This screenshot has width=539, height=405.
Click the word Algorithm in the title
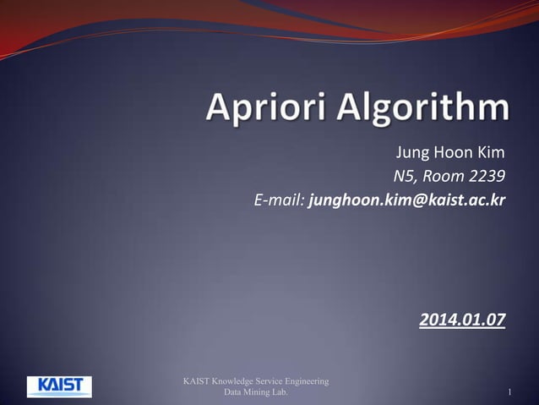click(416, 110)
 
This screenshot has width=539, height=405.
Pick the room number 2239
click(485, 177)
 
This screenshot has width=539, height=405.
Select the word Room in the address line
click(442, 177)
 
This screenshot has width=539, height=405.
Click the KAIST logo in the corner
click(59, 386)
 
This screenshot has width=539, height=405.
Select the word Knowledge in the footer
click(233, 381)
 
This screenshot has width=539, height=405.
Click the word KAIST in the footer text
click(197, 381)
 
